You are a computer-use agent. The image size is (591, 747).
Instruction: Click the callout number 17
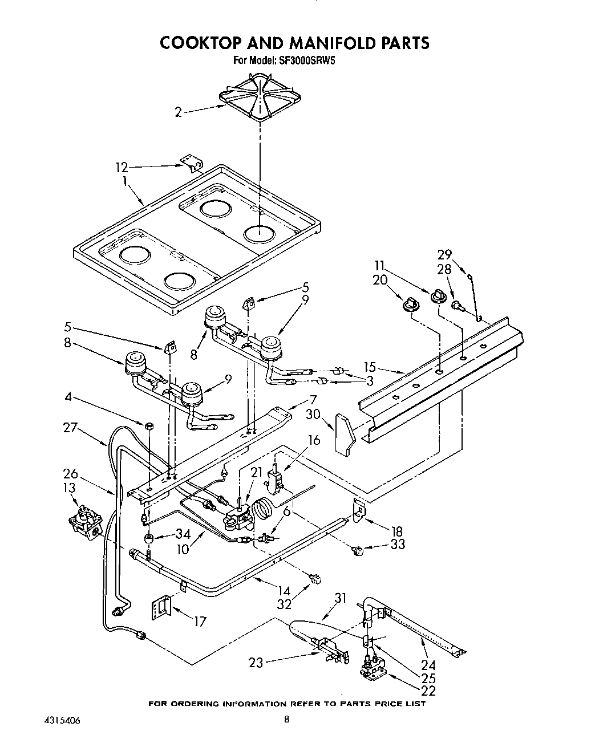point(199,621)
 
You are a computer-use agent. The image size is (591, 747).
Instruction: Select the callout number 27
point(70,428)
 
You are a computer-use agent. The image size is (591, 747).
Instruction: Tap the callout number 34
point(183,534)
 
